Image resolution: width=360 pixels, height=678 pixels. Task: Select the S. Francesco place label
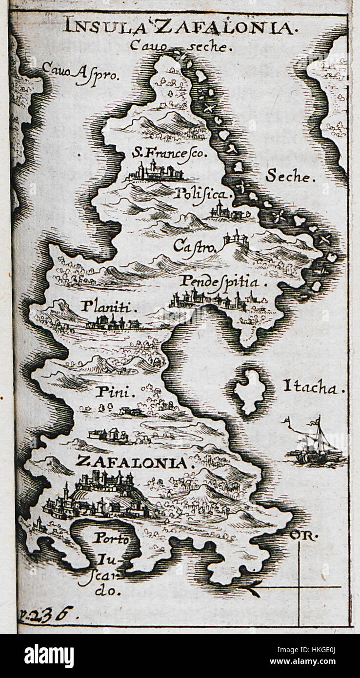click(169, 153)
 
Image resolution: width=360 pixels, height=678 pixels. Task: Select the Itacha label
click(315, 389)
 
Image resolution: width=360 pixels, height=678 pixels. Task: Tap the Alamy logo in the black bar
click(49, 656)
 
